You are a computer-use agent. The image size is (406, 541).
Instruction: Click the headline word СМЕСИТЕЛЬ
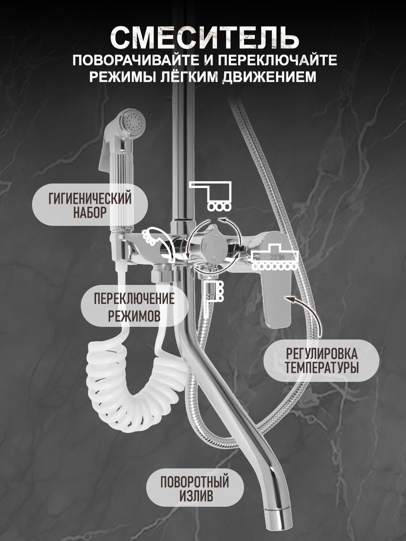[204, 38]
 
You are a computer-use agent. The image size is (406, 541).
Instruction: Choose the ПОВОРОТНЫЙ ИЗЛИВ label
[195, 488]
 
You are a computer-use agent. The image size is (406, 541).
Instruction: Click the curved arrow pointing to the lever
[307, 313]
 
